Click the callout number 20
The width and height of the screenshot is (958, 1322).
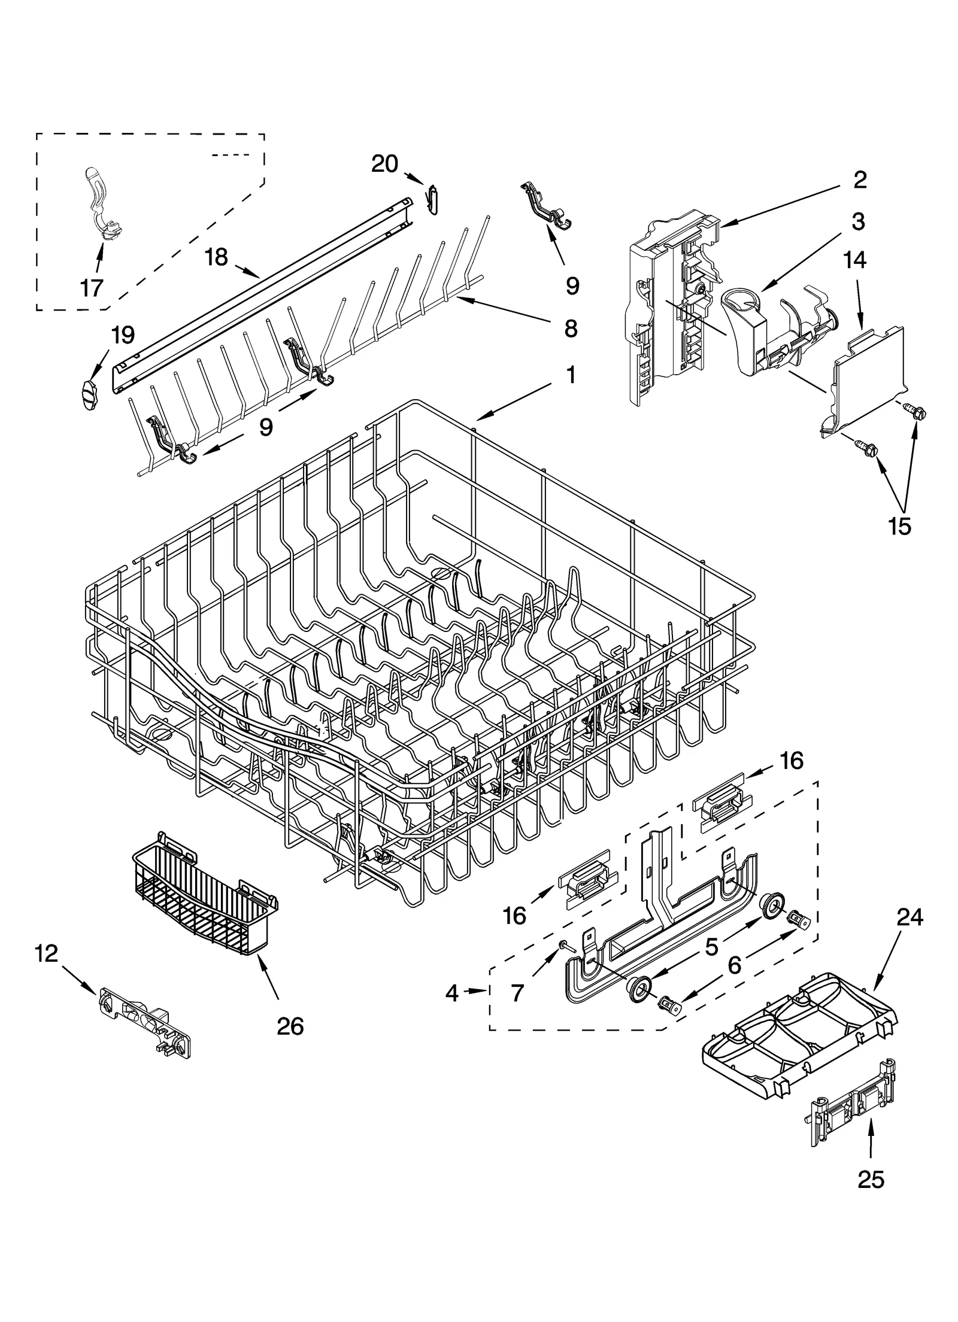tap(384, 163)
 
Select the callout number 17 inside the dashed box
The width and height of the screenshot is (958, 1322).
tap(92, 288)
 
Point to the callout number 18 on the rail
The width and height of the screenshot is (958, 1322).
tap(216, 257)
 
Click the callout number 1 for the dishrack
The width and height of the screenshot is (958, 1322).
tap(571, 375)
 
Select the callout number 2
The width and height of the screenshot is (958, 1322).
tap(860, 180)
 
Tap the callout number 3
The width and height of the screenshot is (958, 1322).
tap(858, 221)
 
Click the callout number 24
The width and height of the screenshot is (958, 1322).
tap(910, 917)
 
